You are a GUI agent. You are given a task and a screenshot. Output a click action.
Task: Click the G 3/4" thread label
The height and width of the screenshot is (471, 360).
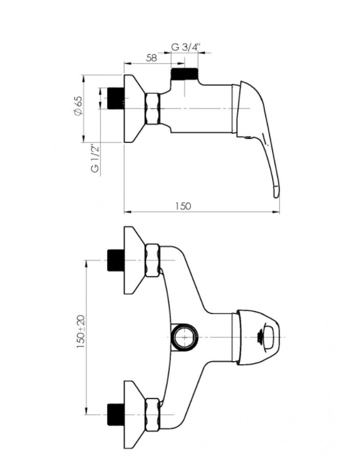tap(186, 47)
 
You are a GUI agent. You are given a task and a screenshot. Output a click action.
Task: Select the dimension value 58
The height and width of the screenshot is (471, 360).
tap(151, 58)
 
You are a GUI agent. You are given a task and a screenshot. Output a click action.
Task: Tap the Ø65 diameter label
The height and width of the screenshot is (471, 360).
tap(78, 105)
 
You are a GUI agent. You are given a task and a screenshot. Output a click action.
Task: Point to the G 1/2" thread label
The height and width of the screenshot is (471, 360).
tap(95, 158)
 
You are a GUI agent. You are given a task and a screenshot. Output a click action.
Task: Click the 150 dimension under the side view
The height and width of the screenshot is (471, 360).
tap(183, 206)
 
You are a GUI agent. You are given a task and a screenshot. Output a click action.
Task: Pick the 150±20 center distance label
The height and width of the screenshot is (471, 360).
tap(81, 331)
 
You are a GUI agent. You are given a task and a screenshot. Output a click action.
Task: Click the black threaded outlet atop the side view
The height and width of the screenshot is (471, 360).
tap(184, 74)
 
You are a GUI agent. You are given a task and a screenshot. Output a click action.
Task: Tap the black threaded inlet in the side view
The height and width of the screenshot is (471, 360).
tap(116, 98)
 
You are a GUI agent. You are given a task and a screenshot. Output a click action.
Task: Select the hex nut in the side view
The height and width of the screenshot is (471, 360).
tap(153, 108)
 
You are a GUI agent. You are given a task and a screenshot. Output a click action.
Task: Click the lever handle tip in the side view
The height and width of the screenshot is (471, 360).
tap(277, 193)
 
